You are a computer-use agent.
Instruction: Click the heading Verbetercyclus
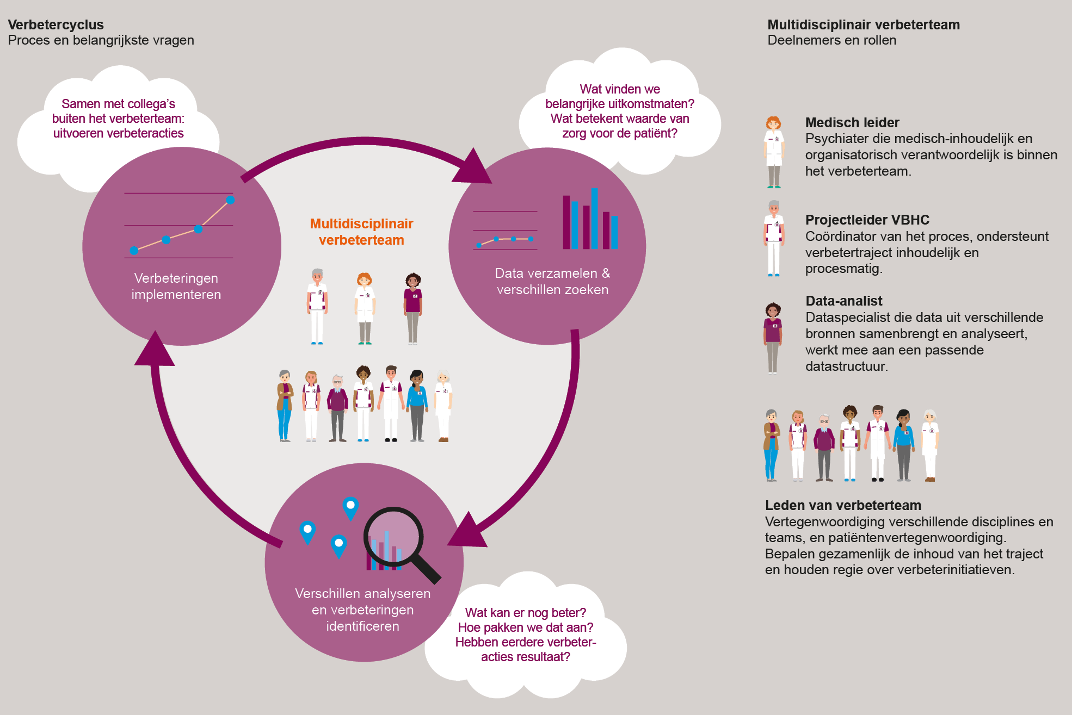tap(56, 25)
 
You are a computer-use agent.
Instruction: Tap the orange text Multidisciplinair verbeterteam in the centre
tap(361, 232)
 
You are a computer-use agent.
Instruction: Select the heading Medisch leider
tap(852, 123)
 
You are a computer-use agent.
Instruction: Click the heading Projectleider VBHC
tap(867, 220)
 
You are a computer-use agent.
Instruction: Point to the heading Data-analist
tap(843, 301)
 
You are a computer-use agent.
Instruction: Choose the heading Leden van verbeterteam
tap(842, 506)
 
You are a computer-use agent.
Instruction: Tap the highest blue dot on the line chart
tap(230, 200)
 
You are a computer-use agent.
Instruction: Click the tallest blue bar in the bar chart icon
tap(595, 217)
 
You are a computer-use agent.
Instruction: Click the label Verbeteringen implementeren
tap(176, 287)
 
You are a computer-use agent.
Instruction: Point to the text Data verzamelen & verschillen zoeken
tap(552, 282)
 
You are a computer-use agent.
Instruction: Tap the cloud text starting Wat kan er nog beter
tap(526, 635)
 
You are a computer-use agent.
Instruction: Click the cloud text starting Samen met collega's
tap(118, 119)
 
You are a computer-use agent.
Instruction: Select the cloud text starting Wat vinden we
tap(619, 111)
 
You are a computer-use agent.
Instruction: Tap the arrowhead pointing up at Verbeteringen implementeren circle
tap(155, 351)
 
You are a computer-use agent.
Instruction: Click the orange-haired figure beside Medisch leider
tap(774, 152)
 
